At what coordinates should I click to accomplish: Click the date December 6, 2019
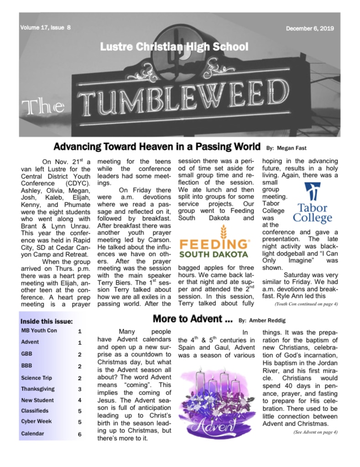pyautogui.click(x=310, y=28)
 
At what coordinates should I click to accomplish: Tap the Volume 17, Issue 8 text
pyautogui.click(x=45, y=27)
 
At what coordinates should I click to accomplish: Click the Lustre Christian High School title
pyautogui.click(x=174, y=47)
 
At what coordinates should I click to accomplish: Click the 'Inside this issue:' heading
pyautogui.click(x=47, y=322)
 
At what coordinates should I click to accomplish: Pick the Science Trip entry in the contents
pyautogui.click(x=37, y=378)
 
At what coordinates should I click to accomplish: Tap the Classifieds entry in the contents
pyautogui.click(x=35, y=411)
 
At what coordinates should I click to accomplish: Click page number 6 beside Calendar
pyautogui.click(x=79, y=434)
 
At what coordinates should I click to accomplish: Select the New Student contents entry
pyautogui.click(x=37, y=400)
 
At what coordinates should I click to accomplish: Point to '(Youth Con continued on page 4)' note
pyautogui.click(x=306, y=303)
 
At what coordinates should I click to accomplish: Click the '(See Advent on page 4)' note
pyautogui.click(x=315, y=432)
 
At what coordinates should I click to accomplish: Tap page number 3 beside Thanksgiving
pyautogui.click(x=79, y=389)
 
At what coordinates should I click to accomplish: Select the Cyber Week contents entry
pyautogui.click(x=36, y=422)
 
